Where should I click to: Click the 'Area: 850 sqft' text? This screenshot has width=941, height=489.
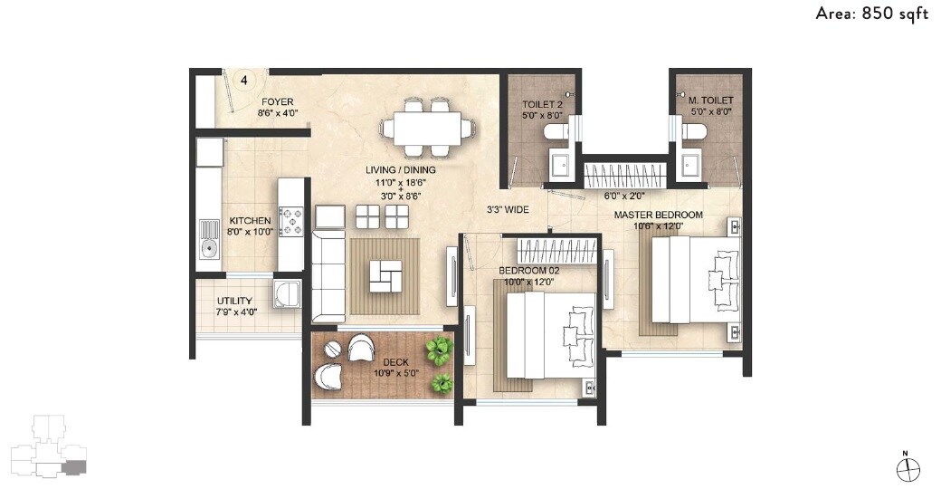pos(871,14)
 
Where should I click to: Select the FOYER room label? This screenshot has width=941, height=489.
pos(277,102)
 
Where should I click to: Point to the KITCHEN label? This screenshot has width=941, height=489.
pos(250,221)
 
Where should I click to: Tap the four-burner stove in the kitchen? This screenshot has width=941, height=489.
pos(292,220)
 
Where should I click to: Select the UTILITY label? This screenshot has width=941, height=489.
pos(234,302)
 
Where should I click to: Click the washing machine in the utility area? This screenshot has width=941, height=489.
pos(287,293)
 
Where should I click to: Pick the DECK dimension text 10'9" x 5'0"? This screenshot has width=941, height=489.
pos(396,373)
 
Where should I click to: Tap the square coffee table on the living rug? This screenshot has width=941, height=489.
pos(385,276)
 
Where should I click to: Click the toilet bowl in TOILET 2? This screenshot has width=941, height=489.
pos(556,133)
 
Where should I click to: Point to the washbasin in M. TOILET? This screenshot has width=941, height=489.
pos(691,166)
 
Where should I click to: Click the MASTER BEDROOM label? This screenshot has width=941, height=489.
pos(658,215)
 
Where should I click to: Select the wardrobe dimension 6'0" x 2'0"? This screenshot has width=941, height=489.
pos(623,195)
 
